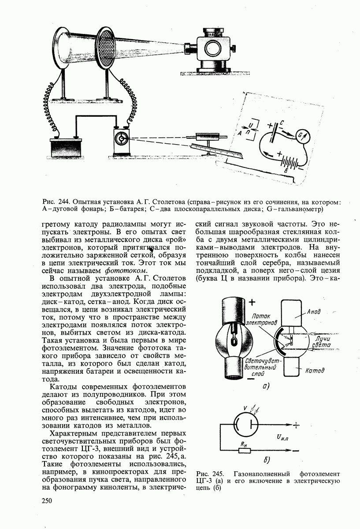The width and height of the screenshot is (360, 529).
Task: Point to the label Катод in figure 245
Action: [315, 371]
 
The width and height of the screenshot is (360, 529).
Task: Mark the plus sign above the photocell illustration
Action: [252, 302]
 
